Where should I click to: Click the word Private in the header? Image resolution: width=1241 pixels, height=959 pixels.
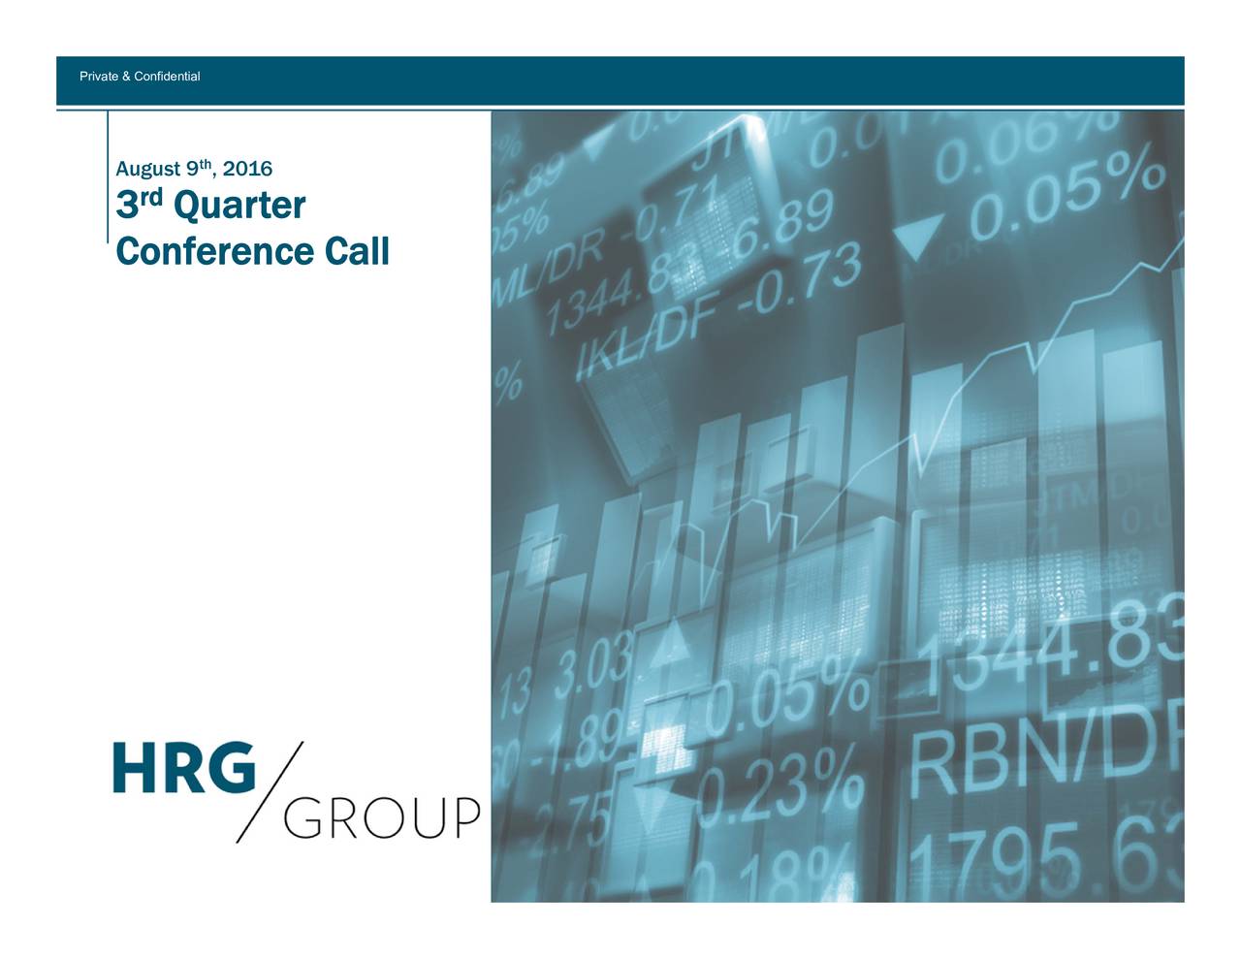(x=98, y=77)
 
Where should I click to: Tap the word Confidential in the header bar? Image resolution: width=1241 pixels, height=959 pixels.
(x=167, y=77)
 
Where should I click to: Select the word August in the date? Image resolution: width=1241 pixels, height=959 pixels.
(x=147, y=169)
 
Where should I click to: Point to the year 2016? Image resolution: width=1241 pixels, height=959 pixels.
(x=247, y=169)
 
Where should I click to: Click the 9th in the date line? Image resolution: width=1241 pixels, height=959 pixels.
(x=199, y=168)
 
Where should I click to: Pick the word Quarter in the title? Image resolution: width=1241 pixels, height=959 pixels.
(x=239, y=206)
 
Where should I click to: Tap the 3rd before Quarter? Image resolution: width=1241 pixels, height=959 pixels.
(x=139, y=205)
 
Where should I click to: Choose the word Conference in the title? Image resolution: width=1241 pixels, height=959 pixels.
(x=213, y=251)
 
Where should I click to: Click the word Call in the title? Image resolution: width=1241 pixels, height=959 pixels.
(x=357, y=251)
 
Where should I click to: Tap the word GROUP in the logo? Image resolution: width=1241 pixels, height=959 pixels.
(x=381, y=818)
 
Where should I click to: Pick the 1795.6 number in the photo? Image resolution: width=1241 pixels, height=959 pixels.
(x=1047, y=858)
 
